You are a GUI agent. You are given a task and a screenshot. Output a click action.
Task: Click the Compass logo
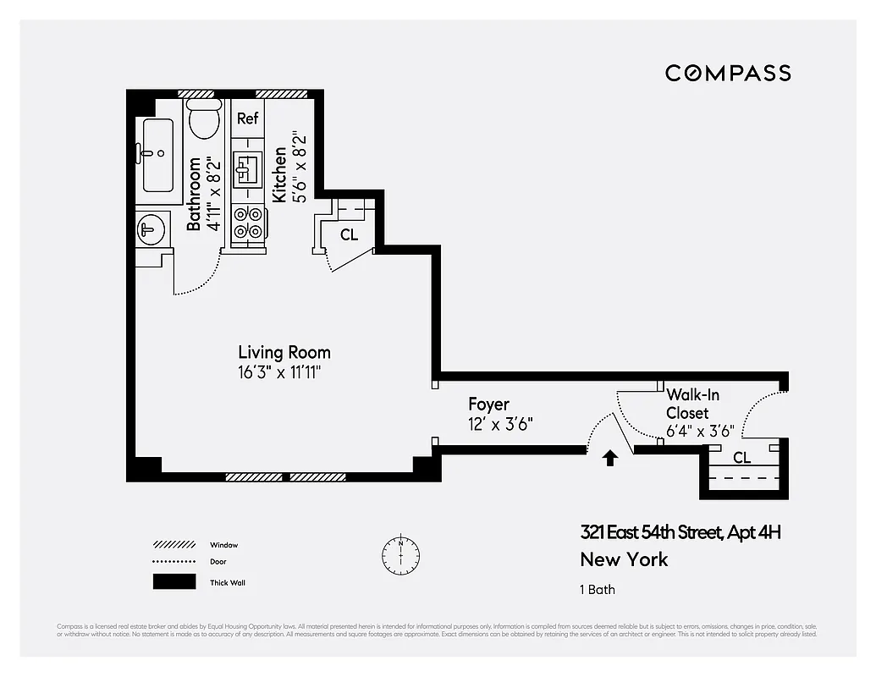coord(727,73)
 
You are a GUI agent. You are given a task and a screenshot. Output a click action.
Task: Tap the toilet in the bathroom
coord(203,120)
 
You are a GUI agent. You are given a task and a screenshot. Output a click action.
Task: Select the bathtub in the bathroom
coord(158,156)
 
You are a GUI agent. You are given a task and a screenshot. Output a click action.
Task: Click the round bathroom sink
coord(152,228)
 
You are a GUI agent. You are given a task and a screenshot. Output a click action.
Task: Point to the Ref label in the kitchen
coord(247,118)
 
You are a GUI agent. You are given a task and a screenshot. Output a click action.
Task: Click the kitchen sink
coord(248,168)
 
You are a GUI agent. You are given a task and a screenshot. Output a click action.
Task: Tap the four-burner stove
coord(248,222)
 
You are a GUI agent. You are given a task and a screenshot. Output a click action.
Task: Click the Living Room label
coord(284,352)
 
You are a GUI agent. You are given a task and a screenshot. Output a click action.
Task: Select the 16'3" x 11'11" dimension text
coord(279,372)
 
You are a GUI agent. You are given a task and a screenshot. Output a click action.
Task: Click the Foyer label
coord(488,405)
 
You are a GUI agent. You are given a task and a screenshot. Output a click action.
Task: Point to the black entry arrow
coord(609,459)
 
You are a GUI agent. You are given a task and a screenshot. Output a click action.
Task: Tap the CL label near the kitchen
coord(349,235)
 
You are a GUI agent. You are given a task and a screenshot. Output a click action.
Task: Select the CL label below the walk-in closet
coord(741,458)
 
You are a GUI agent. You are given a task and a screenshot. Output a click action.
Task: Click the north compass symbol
coord(400,553)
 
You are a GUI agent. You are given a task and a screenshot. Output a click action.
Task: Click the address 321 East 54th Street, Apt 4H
coord(680,532)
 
